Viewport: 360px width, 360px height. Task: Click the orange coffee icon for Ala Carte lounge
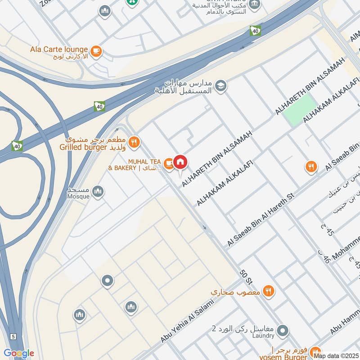pyautogui.click(x=95, y=52)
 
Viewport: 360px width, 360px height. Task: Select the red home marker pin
pyautogui.click(x=180, y=162)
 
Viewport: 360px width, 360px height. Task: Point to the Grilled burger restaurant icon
pyautogui.click(x=133, y=143)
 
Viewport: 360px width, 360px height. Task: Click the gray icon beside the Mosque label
pyautogui.click(x=98, y=193)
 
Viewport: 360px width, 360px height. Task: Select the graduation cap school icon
pyautogui.click(x=220, y=85)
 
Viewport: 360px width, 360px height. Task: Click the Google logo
pyautogui.click(x=19, y=353)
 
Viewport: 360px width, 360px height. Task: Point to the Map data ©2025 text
pyautogui.click(x=336, y=355)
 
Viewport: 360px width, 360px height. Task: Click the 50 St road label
pyautogui.click(x=246, y=277)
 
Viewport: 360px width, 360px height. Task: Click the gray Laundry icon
pyautogui.click(x=283, y=332)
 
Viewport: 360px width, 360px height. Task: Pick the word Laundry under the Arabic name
pyautogui.click(x=263, y=336)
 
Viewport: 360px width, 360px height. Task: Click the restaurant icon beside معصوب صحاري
pyautogui.click(x=268, y=291)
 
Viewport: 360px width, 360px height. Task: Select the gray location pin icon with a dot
pyautogui.click(x=107, y=282)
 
